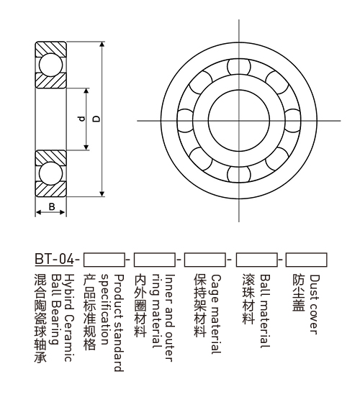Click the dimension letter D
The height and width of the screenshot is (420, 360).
[96, 119]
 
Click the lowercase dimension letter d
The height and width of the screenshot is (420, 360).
[81, 119]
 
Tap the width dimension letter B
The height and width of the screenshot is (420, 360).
[52, 206]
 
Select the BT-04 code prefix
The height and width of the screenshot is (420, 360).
[54, 260]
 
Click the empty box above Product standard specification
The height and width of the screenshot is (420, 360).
[104, 260]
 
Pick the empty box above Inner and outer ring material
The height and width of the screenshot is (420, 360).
[155, 260]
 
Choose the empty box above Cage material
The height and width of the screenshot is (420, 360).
[204, 260]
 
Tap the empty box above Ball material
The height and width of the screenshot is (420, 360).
[257, 260]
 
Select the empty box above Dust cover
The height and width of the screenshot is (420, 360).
[306, 260]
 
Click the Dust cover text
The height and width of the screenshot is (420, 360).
[315, 304]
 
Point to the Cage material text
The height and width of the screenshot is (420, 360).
[216, 314]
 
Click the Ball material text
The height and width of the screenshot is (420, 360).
[265, 311]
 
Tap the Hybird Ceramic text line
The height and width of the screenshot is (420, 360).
[69, 318]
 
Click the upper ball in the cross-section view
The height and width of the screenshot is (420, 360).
[50, 65]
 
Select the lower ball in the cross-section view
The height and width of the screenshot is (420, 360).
[50, 173]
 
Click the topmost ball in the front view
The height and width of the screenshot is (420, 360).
[239, 67]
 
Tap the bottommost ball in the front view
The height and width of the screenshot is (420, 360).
[239, 174]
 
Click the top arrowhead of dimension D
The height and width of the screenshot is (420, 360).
[102, 45]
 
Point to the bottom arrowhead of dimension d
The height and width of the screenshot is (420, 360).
[86, 147]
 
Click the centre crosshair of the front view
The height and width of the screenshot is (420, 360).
[239, 121]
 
